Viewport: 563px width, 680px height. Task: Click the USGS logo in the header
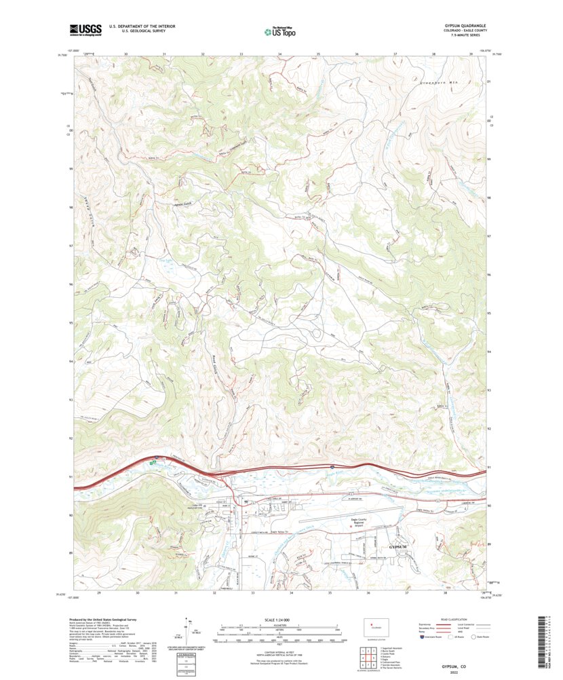click(85, 29)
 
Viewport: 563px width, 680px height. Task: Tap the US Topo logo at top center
click(281, 30)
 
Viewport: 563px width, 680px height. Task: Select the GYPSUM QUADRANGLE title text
click(466, 26)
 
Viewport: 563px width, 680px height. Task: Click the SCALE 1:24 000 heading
click(281, 618)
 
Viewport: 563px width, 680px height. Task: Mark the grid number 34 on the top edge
click(279, 53)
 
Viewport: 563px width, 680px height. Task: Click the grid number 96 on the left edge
click(69, 284)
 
